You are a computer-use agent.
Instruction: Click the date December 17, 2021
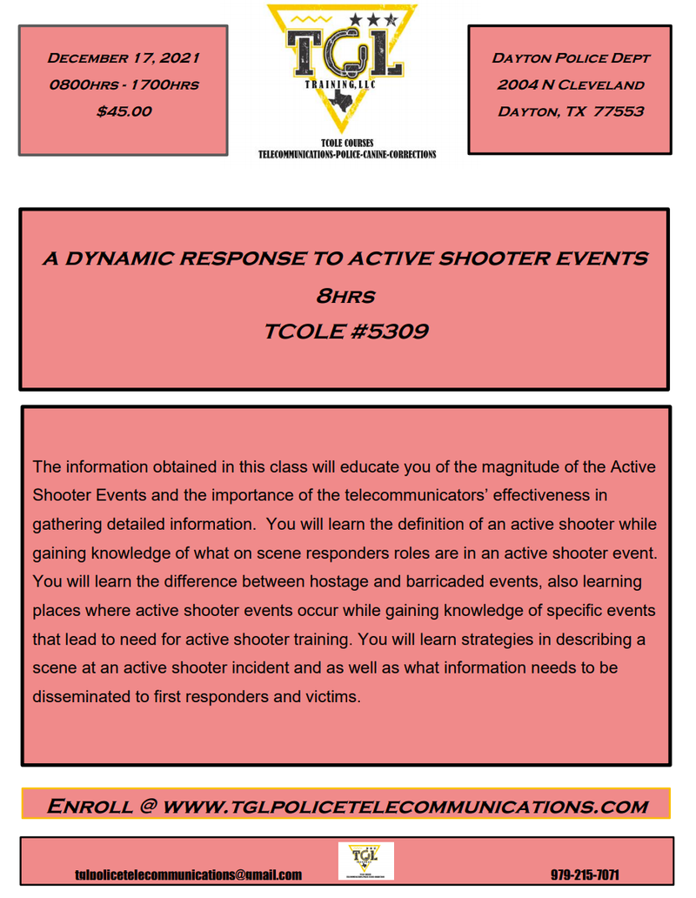point(123,58)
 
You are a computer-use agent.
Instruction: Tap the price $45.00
point(123,111)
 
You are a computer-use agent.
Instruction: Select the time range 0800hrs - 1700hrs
point(123,84)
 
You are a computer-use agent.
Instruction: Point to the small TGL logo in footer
point(365,860)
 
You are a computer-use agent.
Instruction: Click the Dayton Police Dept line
point(571,58)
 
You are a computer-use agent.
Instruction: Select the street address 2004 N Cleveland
point(571,84)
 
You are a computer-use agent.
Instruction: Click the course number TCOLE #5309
point(345,332)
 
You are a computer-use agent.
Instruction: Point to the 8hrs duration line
point(345,296)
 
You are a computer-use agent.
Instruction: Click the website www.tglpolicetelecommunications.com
point(405,806)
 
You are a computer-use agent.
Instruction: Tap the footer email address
point(188,875)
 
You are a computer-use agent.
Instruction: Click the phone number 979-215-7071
point(585,875)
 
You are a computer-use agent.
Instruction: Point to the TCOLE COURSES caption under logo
point(347,144)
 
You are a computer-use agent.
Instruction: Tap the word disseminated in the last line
point(84,696)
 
